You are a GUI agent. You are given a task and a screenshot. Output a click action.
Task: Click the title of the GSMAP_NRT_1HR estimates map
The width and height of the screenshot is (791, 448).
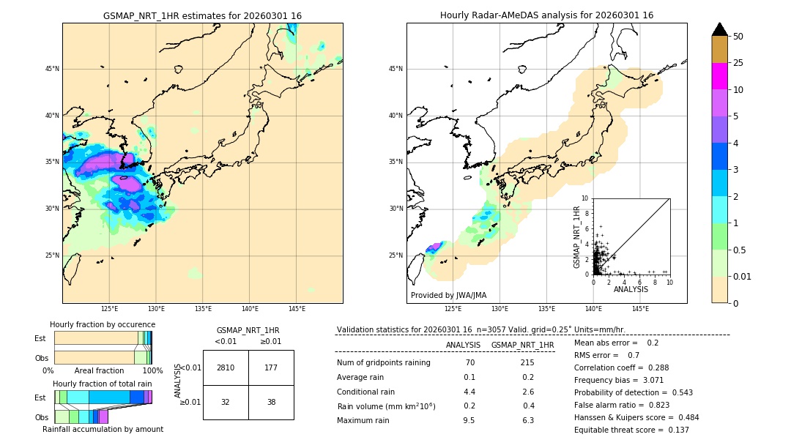tap(202, 15)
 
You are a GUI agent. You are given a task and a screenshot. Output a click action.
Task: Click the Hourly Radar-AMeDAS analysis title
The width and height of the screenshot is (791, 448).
tap(546, 15)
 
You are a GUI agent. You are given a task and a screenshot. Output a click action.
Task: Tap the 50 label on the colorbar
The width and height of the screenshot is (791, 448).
tap(738, 36)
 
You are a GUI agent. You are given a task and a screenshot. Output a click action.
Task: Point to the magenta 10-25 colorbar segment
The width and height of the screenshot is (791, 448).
tap(719, 76)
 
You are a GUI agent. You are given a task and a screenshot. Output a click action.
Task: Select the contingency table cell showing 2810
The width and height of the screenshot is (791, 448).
tap(226, 367)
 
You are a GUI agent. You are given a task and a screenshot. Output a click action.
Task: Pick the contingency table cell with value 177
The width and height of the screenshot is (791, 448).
tap(271, 367)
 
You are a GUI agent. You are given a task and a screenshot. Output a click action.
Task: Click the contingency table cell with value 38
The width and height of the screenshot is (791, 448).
tap(271, 402)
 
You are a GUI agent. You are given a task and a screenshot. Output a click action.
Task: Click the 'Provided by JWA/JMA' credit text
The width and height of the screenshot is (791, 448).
tap(448, 295)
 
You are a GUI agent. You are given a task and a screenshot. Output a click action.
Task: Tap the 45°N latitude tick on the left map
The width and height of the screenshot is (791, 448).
tap(52, 69)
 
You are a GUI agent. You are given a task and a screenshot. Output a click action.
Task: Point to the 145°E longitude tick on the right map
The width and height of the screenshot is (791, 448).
tap(640, 309)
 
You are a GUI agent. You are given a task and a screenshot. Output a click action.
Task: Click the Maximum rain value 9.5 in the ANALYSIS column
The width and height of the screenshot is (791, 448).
tap(469, 420)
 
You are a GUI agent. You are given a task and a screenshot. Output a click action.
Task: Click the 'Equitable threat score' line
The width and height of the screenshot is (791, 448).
tap(631, 430)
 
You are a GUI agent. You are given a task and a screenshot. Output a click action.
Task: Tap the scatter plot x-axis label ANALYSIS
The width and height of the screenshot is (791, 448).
tap(631, 290)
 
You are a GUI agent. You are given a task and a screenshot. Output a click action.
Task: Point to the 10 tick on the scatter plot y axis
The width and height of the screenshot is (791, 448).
tap(585, 198)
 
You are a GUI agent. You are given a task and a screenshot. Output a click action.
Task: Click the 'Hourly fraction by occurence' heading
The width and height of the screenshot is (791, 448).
tap(103, 324)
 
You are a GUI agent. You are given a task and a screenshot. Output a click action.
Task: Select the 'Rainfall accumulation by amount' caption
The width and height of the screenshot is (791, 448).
tap(103, 429)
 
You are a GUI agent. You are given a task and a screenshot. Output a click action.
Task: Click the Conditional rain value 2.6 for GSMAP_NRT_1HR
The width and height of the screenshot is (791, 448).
tap(527, 392)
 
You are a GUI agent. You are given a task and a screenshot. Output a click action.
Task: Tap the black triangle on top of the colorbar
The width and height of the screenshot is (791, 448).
tap(719, 29)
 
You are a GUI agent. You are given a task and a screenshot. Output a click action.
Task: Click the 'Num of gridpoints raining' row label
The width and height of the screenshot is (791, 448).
tap(384, 362)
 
